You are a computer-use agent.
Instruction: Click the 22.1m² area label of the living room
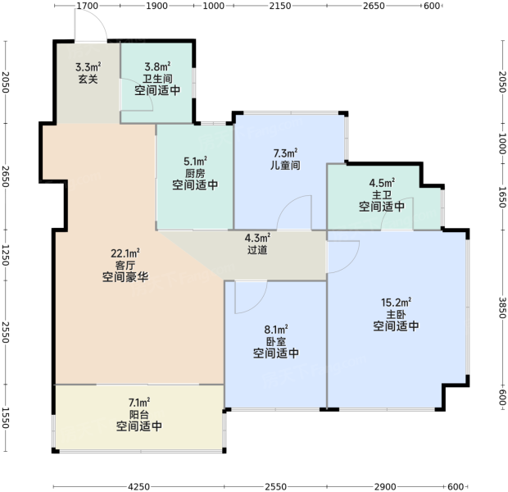[125, 253]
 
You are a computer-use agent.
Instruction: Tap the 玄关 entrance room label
[88, 80]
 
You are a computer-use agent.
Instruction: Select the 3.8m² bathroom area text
[157, 66]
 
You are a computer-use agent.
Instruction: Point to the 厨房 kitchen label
[195, 173]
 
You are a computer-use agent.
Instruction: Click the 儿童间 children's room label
[285, 165]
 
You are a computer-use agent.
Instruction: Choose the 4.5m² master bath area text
[382, 183]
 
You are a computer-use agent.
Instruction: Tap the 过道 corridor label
[257, 250]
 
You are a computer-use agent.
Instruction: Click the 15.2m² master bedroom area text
[396, 303]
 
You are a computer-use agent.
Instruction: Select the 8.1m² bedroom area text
[276, 330]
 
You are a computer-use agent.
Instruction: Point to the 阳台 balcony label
[139, 414]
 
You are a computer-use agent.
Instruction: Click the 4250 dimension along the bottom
[139, 486]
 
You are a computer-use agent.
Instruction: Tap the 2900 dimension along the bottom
[385, 486]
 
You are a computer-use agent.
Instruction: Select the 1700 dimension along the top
[87, 6]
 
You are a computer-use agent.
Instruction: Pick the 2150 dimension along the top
[280, 6]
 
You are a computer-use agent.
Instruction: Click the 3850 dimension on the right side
[501, 307]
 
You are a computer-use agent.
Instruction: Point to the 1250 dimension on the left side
[6, 255]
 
